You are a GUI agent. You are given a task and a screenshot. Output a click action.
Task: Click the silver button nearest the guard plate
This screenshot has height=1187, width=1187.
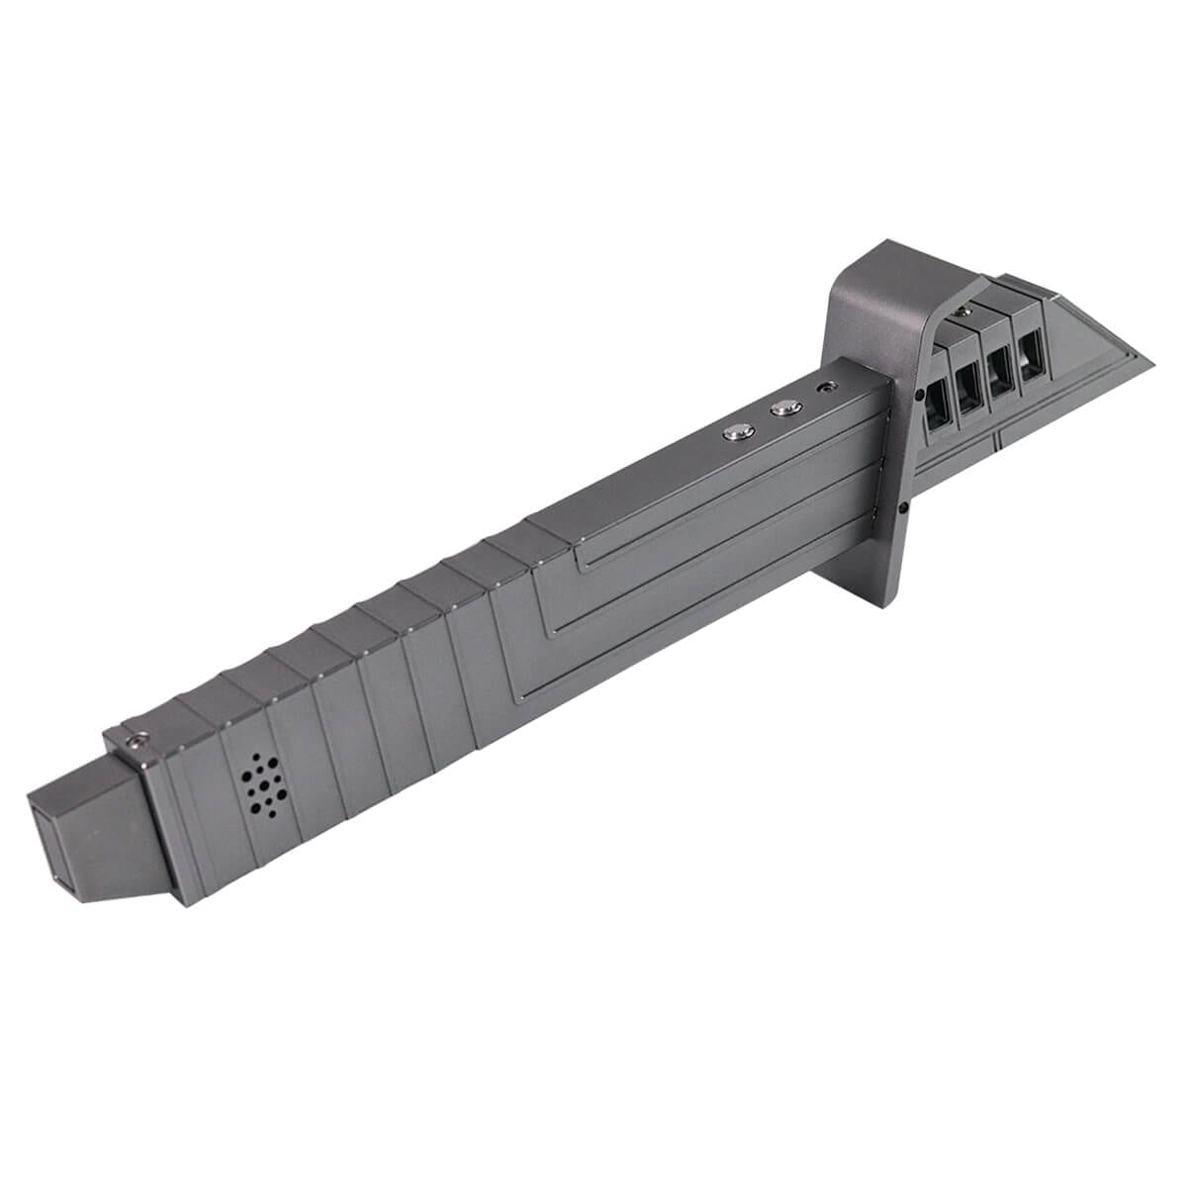(786, 406)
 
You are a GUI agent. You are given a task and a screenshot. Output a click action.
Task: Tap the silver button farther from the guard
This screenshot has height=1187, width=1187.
(738, 431)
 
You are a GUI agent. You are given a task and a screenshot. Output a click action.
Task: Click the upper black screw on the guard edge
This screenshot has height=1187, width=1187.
(921, 394)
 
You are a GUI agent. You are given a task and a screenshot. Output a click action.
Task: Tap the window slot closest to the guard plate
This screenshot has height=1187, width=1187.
(937, 404)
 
